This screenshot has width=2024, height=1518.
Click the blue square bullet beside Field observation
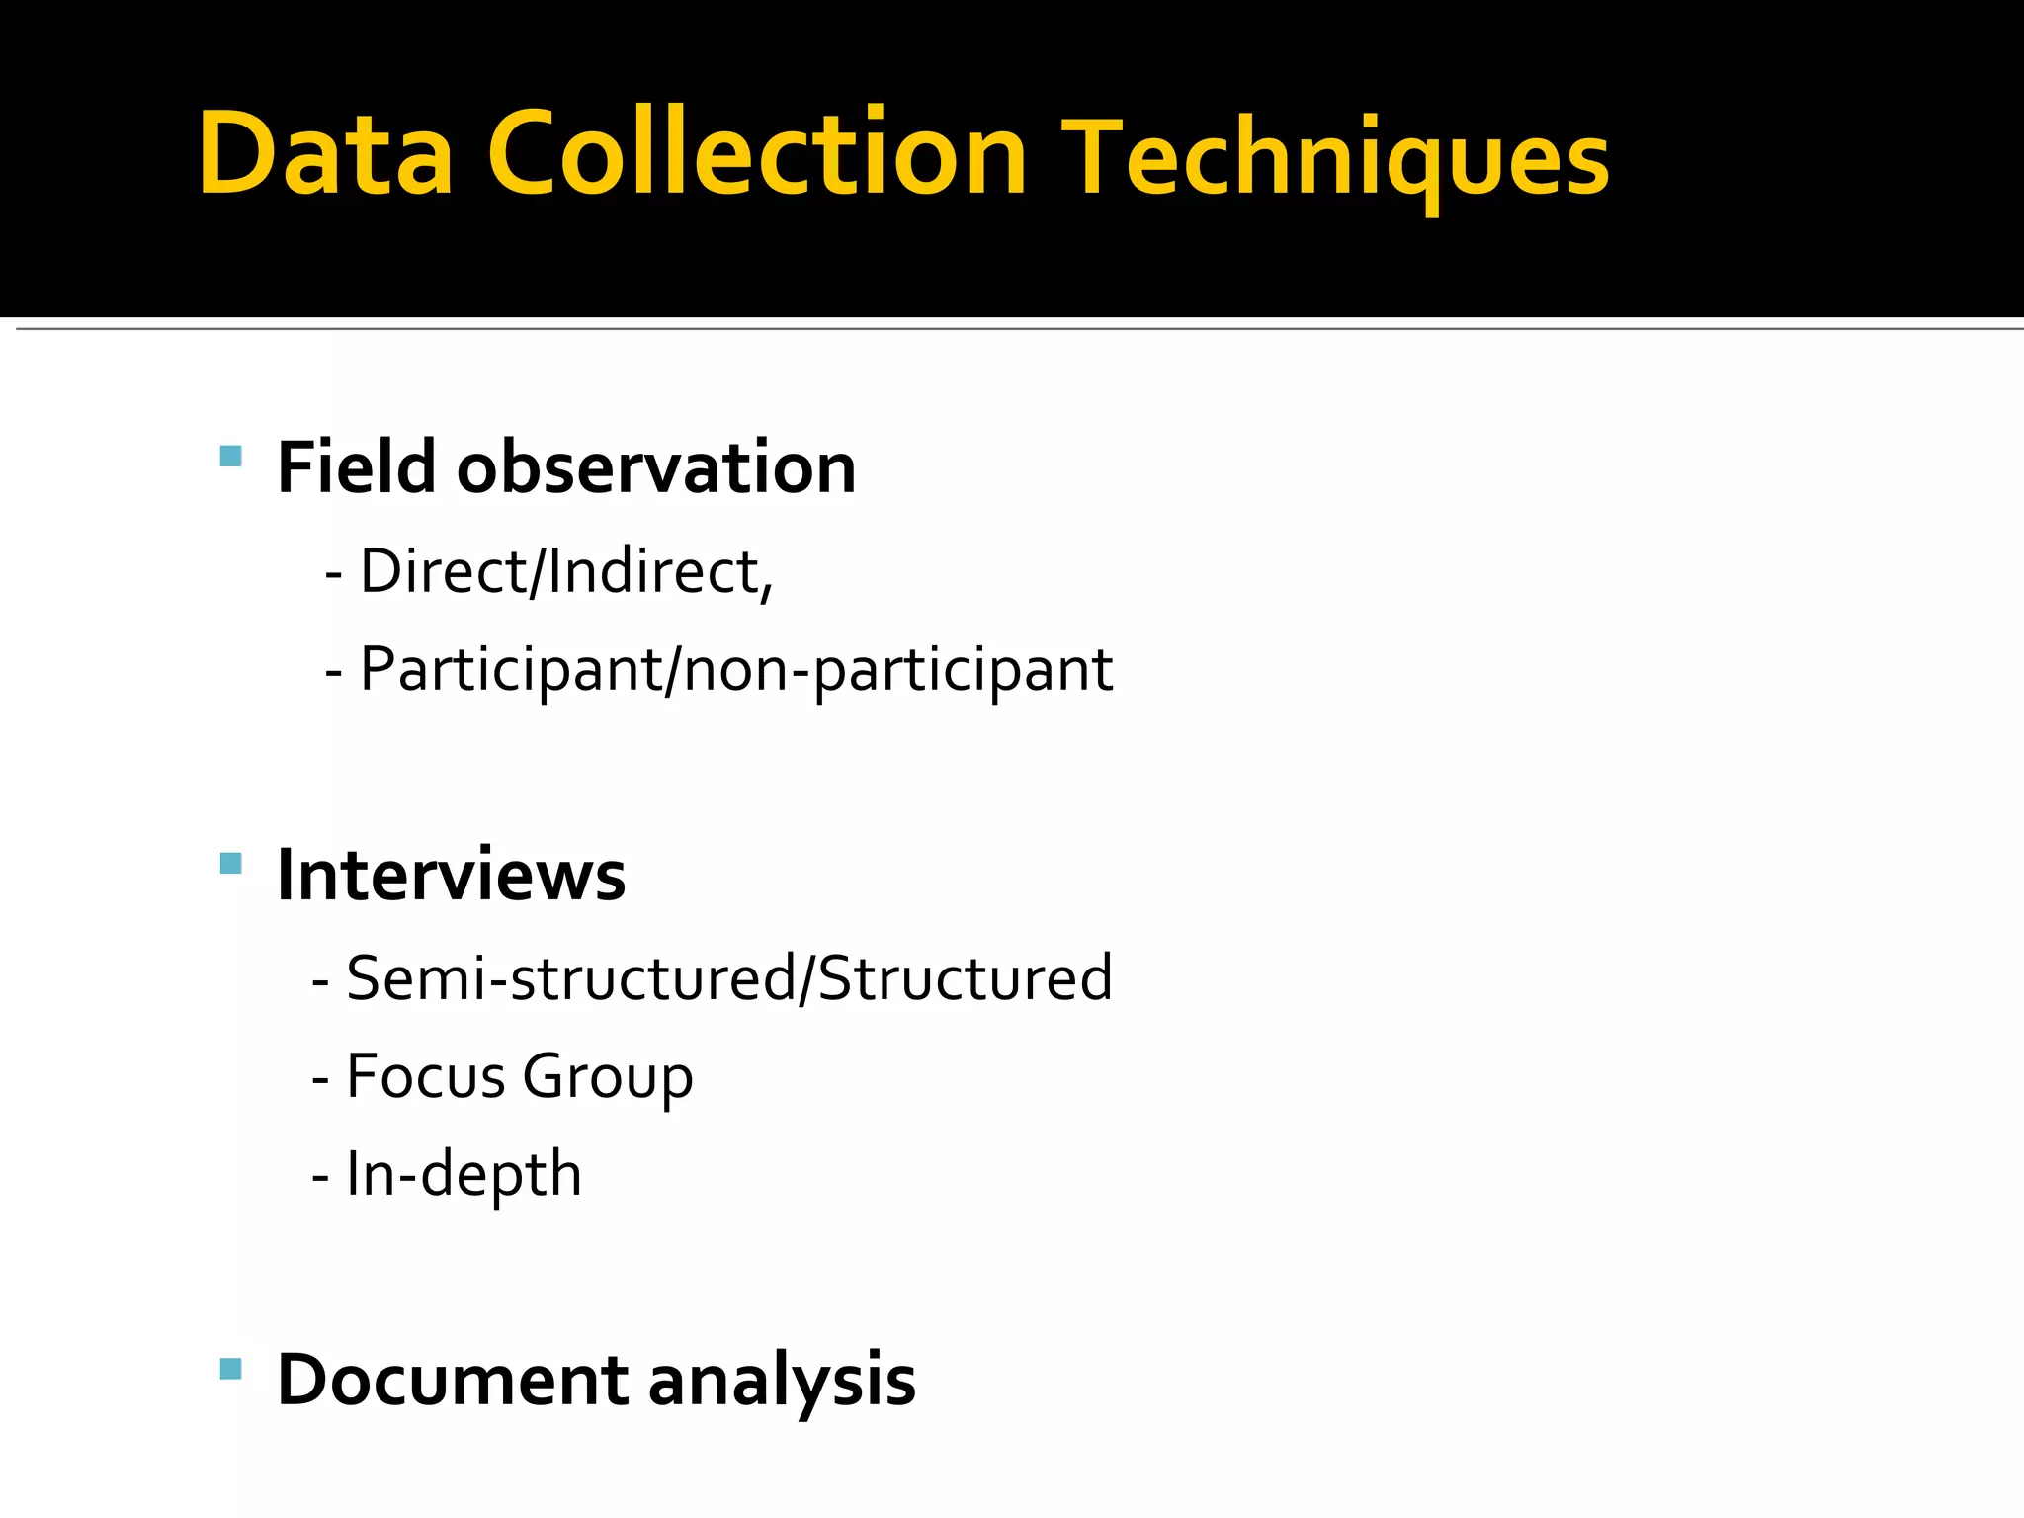click(230, 456)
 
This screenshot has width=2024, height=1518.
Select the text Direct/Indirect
click(560, 571)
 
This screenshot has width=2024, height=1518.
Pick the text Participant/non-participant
click(735, 670)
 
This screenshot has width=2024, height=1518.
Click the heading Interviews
click(451, 875)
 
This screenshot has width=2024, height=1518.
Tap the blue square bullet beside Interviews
click(230, 864)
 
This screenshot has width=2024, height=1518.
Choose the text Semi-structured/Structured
click(728, 978)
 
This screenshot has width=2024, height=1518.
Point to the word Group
click(607, 1077)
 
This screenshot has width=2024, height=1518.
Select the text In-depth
click(464, 1174)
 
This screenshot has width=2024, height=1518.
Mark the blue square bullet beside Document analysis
click(230, 1369)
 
